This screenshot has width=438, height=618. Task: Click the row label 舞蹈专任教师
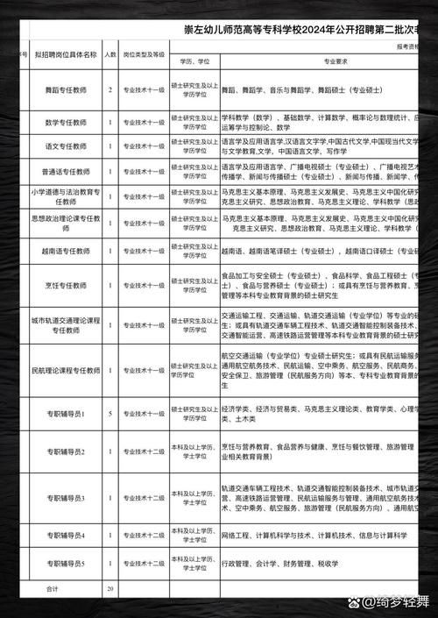pos(66,89)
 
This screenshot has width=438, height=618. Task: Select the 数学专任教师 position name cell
pos(66,122)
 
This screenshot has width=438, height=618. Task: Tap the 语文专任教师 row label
pos(66,146)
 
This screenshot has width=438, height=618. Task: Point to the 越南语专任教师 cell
pos(66,251)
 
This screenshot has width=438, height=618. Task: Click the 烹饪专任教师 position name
pos(66,285)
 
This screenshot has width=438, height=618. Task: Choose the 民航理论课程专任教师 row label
pos(66,370)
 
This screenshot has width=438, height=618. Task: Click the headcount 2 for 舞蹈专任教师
pos(110,89)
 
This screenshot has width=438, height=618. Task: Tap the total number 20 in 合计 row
pos(110,589)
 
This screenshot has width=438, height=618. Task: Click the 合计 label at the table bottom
pos(52,589)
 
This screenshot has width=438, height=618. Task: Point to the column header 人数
pos(110,54)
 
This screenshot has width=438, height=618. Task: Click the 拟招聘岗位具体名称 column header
pos(66,54)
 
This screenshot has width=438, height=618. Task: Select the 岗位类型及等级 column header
pos(143,54)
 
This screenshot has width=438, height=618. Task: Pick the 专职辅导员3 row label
pos(66,498)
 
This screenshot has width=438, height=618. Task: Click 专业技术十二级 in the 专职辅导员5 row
pos(143,563)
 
